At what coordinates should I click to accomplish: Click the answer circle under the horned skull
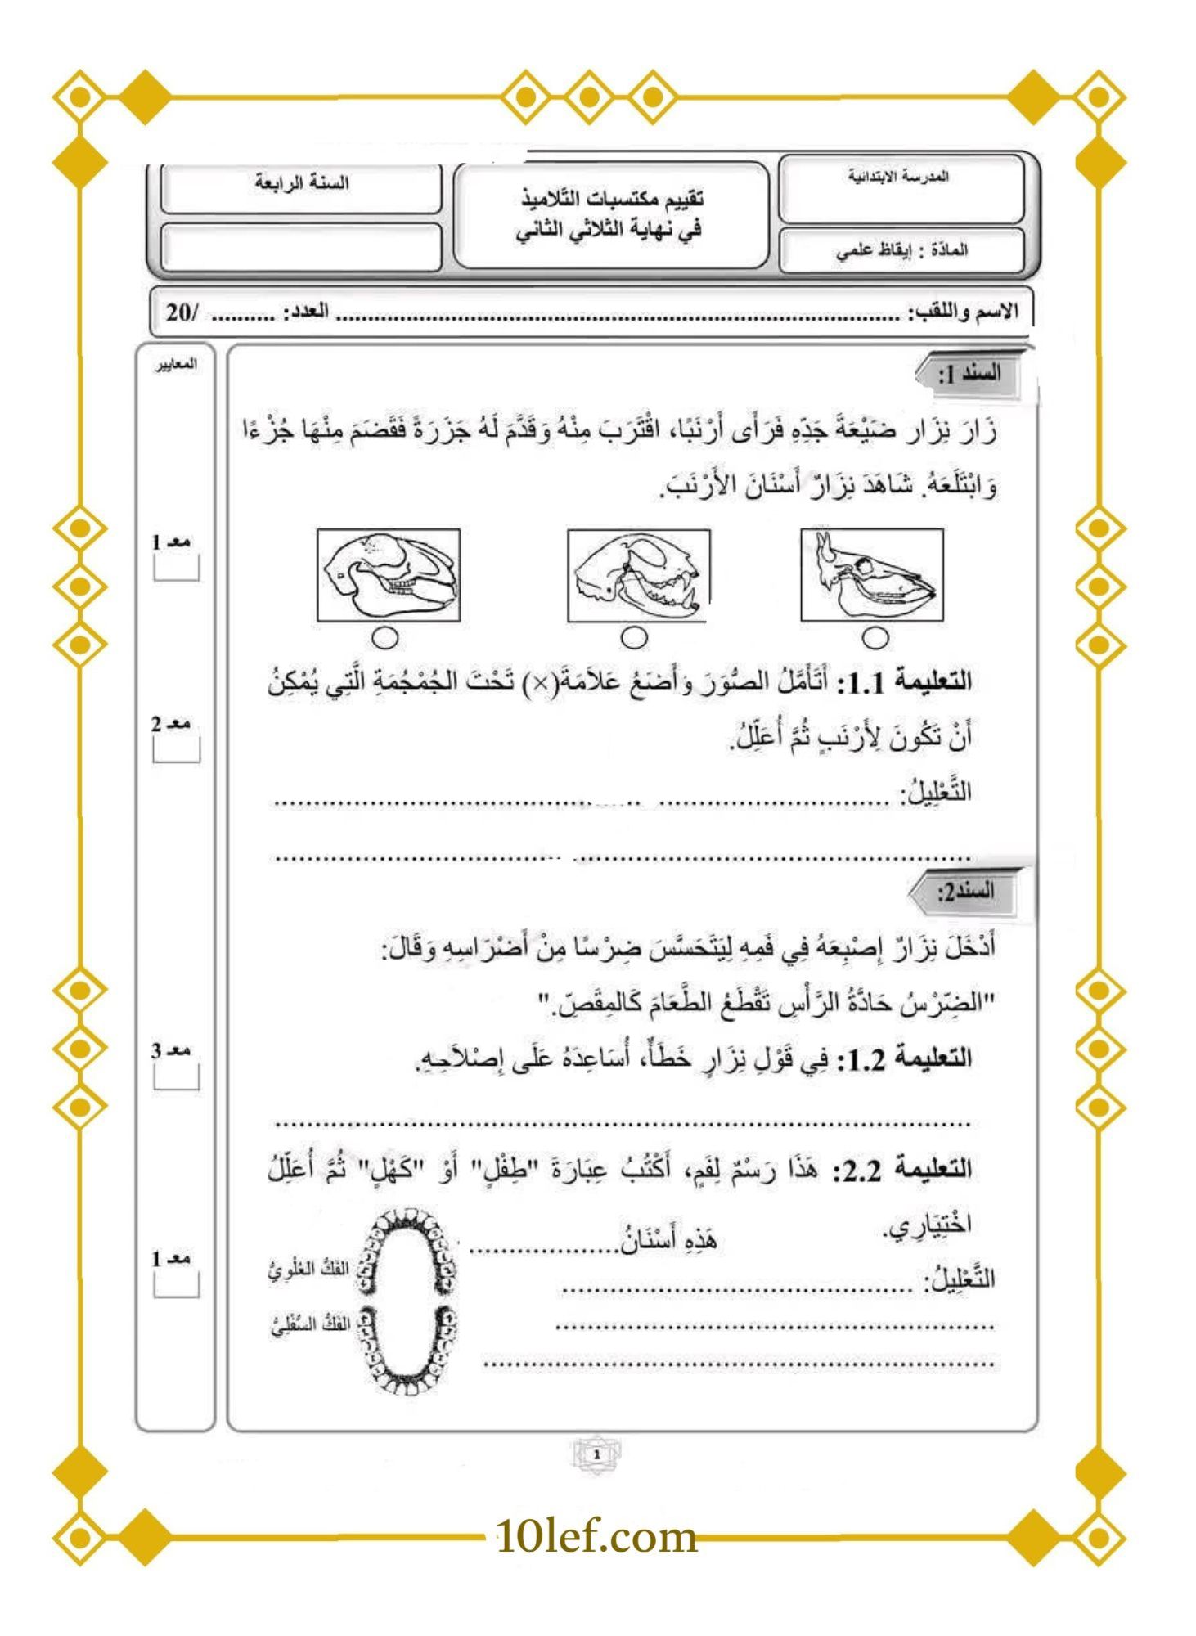coord(875,637)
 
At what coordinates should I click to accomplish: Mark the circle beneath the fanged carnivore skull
coord(634,637)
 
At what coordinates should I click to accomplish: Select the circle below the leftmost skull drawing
coord(388,637)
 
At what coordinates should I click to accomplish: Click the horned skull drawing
coord(872,575)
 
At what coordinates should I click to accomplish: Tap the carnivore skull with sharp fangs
coord(639,575)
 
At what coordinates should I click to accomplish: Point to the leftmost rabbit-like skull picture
coord(389,575)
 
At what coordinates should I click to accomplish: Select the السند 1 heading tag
coord(970,375)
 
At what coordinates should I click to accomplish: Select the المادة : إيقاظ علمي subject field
coord(901,250)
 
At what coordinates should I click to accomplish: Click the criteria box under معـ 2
coord(176,749)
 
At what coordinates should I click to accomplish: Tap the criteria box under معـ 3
coord(176,1076)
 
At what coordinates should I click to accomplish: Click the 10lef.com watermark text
coord(596,1537)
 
